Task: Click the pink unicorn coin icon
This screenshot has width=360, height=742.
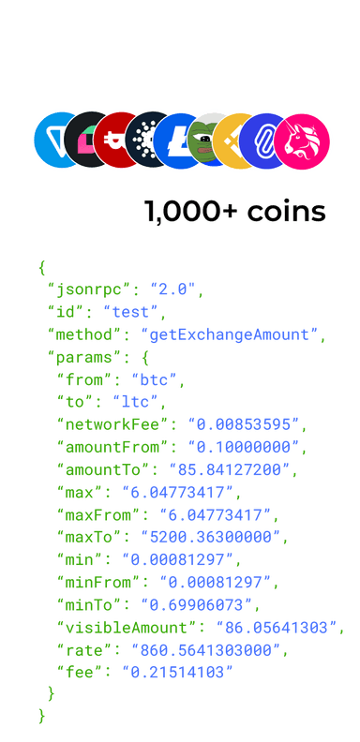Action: click(302, 141)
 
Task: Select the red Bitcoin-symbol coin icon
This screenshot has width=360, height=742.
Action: click(116, 141)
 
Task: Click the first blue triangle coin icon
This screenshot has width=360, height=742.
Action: click(56, 141)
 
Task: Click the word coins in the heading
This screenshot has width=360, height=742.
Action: click(286, 212)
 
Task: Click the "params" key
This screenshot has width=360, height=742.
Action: click(85, 357)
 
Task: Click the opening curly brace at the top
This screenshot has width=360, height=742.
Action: click(41, 268)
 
